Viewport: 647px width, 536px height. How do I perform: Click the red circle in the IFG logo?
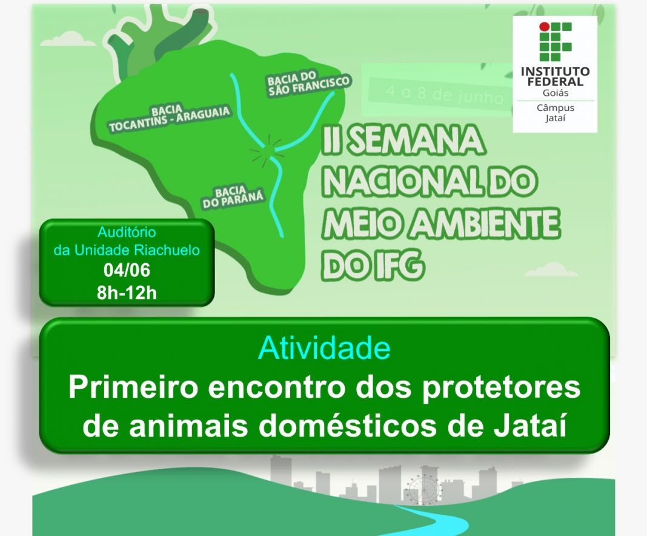(545, 27)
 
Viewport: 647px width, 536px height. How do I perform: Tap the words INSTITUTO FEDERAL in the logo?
(555, 76)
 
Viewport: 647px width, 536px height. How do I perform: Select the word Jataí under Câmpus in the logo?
(555, 118)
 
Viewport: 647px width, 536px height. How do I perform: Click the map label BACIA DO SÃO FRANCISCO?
(308, 84)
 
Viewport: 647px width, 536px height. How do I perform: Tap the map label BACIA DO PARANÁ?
(232, 196)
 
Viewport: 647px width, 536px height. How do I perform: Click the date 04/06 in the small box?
(127, 270)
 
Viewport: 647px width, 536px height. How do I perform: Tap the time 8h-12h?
(127, 293)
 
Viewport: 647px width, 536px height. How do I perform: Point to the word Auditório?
(127, 232)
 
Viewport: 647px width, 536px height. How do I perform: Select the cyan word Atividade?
(324, 347)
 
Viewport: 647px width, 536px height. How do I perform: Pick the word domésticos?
(348, 426)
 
